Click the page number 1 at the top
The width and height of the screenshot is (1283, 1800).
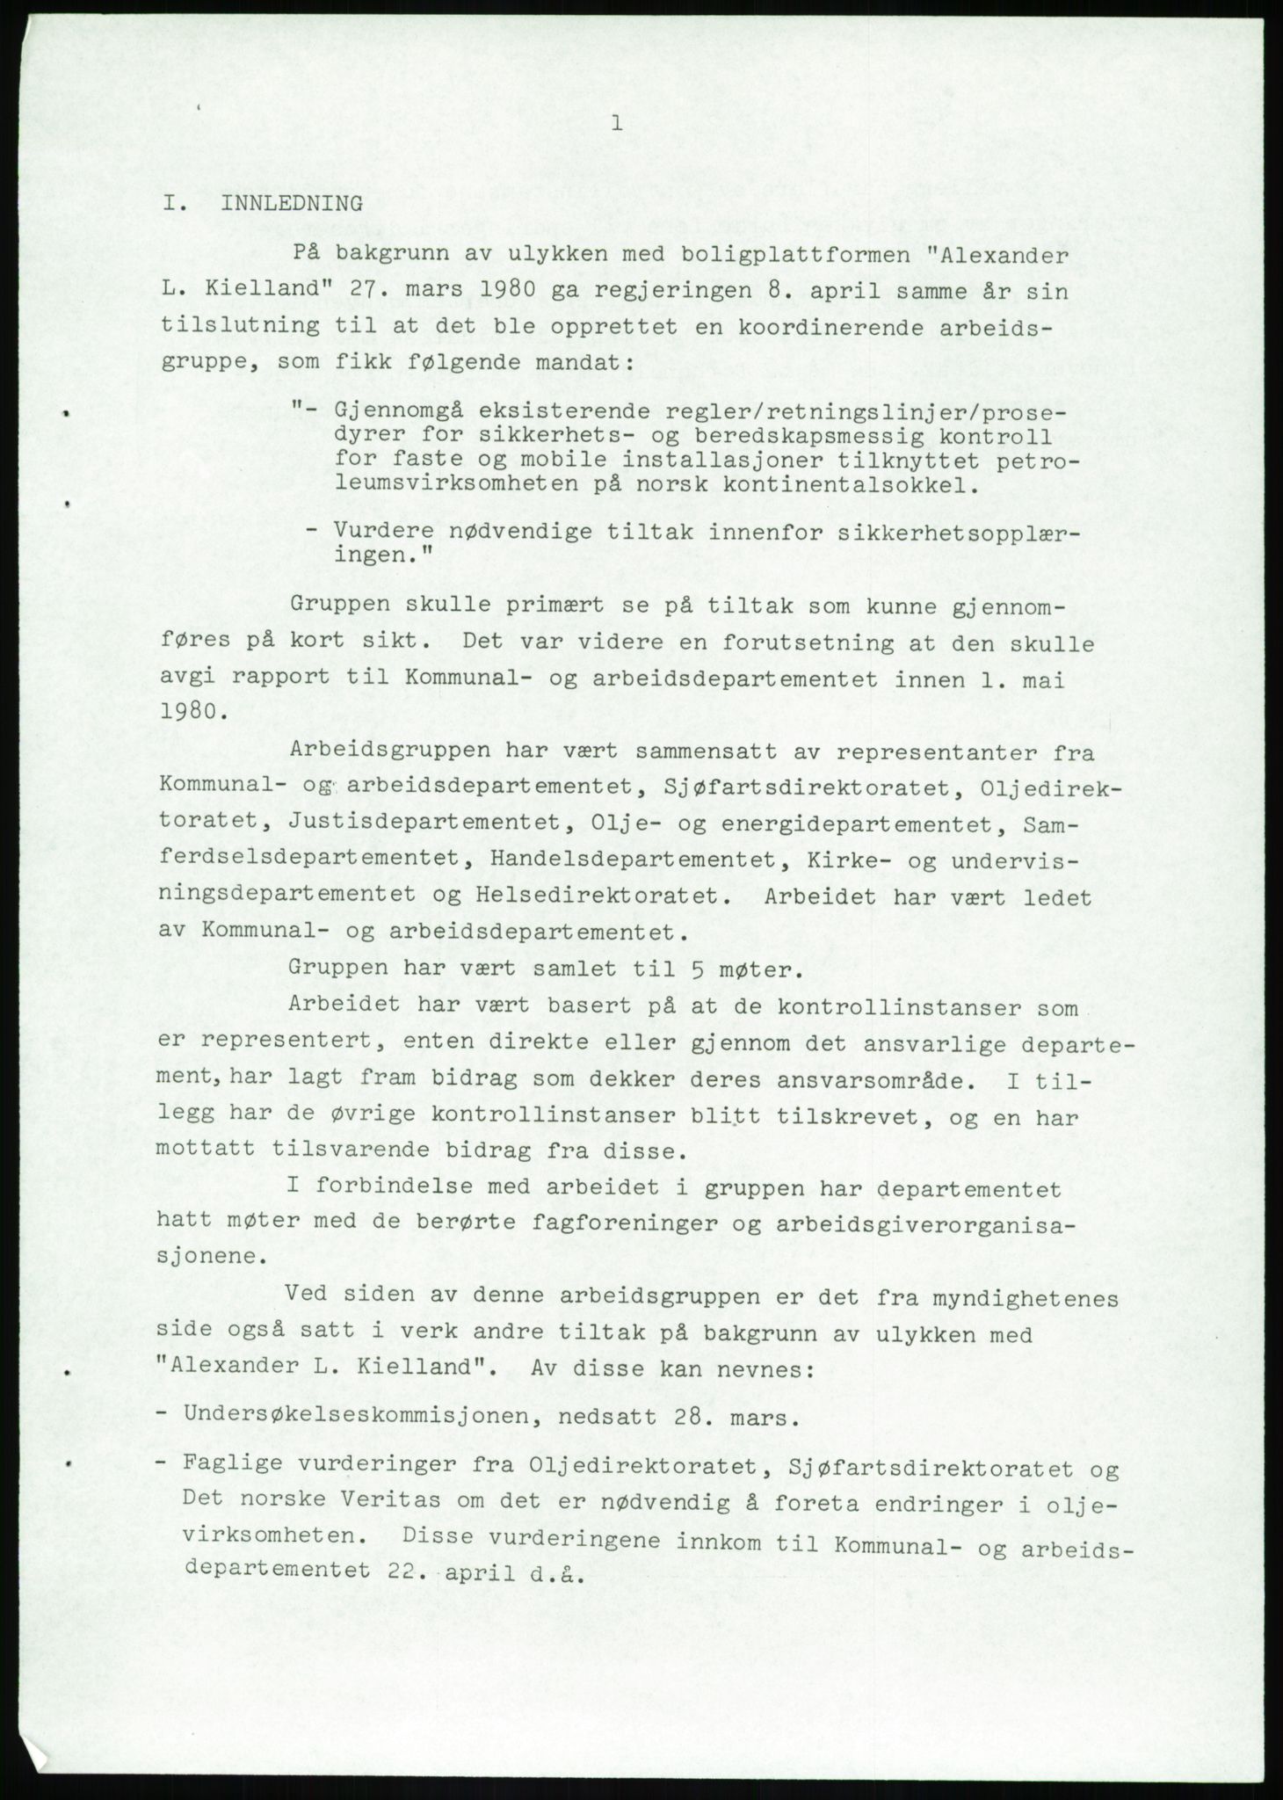coord(617,124)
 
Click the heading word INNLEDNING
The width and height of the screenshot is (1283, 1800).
coord(292,204)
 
